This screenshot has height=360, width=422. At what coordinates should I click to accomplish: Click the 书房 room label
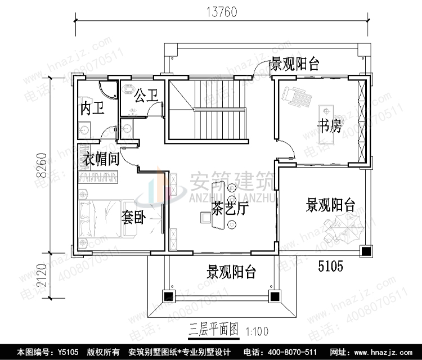pos(329,126)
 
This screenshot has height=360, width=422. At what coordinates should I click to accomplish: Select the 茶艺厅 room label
pos(230,209)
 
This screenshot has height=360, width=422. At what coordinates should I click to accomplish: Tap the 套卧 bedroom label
pos(133,218)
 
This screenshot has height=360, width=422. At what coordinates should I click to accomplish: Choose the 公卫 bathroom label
pos(145,95)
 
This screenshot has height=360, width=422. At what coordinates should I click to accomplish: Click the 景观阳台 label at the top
pos(295,64)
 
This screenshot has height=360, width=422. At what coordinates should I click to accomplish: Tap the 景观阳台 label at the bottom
pos(231,273)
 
